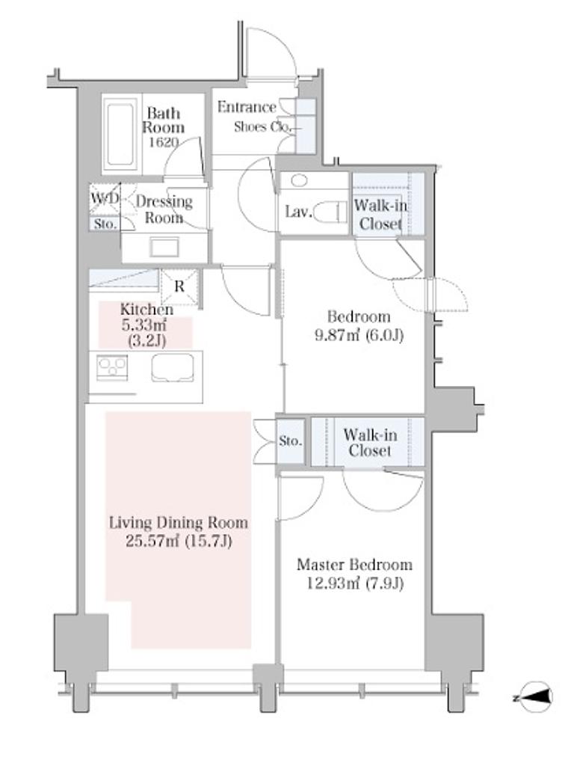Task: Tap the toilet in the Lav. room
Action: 330,212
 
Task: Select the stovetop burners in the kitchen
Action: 112,367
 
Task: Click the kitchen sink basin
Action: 172,368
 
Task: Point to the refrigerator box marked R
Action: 179,287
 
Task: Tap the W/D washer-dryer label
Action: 105,199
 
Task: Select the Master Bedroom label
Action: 355,565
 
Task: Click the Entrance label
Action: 247,107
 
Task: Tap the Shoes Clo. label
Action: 262,127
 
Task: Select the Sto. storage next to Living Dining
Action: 291,441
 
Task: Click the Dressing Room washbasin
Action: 164,246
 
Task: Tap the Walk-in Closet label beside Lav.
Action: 380,215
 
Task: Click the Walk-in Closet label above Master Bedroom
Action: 370,442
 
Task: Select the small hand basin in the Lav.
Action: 299,181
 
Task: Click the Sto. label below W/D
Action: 105,224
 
